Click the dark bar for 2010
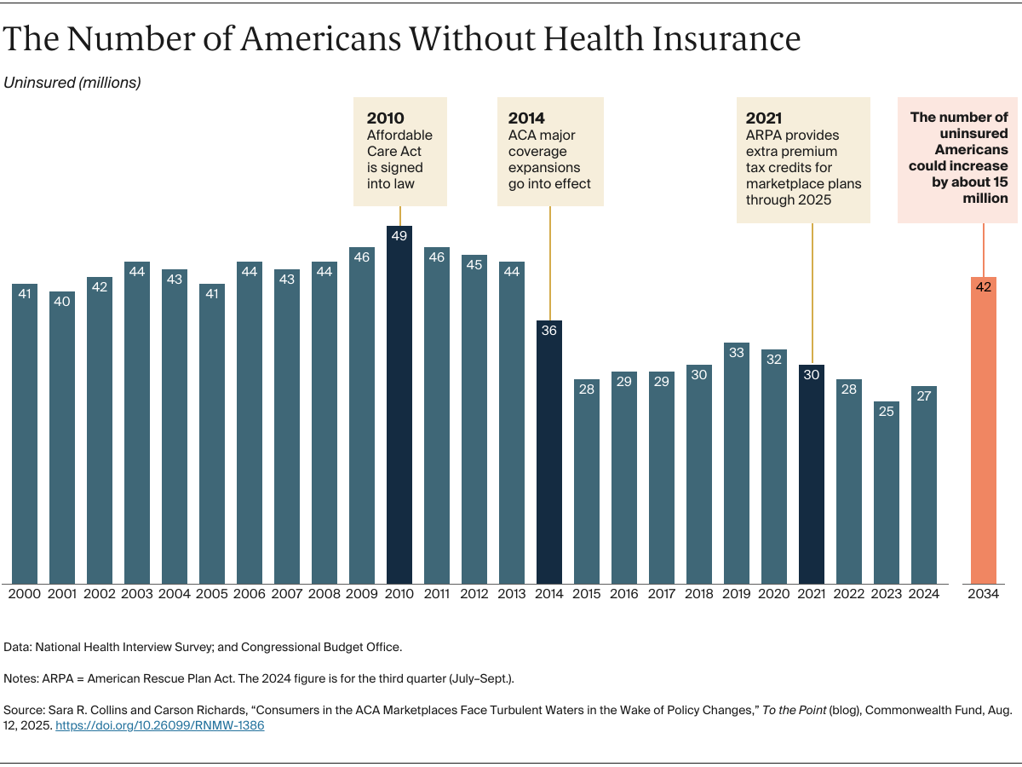coord(399,409)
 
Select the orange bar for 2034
coord(984,435)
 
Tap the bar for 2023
coord(887,494)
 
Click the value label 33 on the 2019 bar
coord(737,353)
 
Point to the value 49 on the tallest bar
coord(399,236)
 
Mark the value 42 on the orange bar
coord(984,287)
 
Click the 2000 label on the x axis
coord(24,594)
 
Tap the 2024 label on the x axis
coord(924,594)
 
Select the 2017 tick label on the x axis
coord(662,594)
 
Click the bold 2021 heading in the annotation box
coord(764,118)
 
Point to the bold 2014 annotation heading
coord(526,118)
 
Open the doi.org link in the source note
coord(160,726)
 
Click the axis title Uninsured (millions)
coord(72,83)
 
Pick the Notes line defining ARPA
coord(259,678)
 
